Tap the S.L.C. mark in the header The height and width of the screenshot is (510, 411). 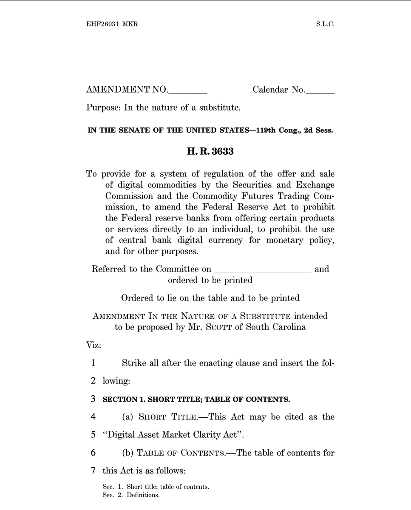coord(325,24)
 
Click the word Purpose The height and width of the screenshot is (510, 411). coord(103,108)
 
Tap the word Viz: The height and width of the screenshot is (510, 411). coord(94,345)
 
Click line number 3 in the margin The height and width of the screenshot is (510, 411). coord(93,399)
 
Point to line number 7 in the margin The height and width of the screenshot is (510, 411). coord(93,471)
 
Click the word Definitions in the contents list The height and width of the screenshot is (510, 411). coord(143,495)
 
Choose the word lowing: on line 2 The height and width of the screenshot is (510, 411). coord(116,381)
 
